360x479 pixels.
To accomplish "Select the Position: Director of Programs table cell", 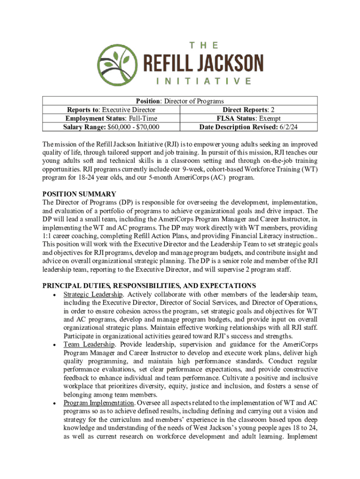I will click(180, 101).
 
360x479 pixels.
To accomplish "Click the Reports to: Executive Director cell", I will click(111, 110).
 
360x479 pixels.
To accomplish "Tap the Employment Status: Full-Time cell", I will click(111, 118).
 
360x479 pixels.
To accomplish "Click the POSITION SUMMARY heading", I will click(79, 194).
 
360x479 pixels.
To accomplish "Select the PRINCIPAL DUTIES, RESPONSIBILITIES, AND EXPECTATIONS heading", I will click(149, 285).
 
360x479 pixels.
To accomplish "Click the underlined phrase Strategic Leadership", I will click(94, 294).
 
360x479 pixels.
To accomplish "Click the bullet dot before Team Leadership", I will click(55, 345).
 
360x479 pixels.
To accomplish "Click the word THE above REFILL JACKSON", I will click(203, 45).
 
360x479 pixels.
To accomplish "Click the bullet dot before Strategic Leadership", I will click(55, 295).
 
